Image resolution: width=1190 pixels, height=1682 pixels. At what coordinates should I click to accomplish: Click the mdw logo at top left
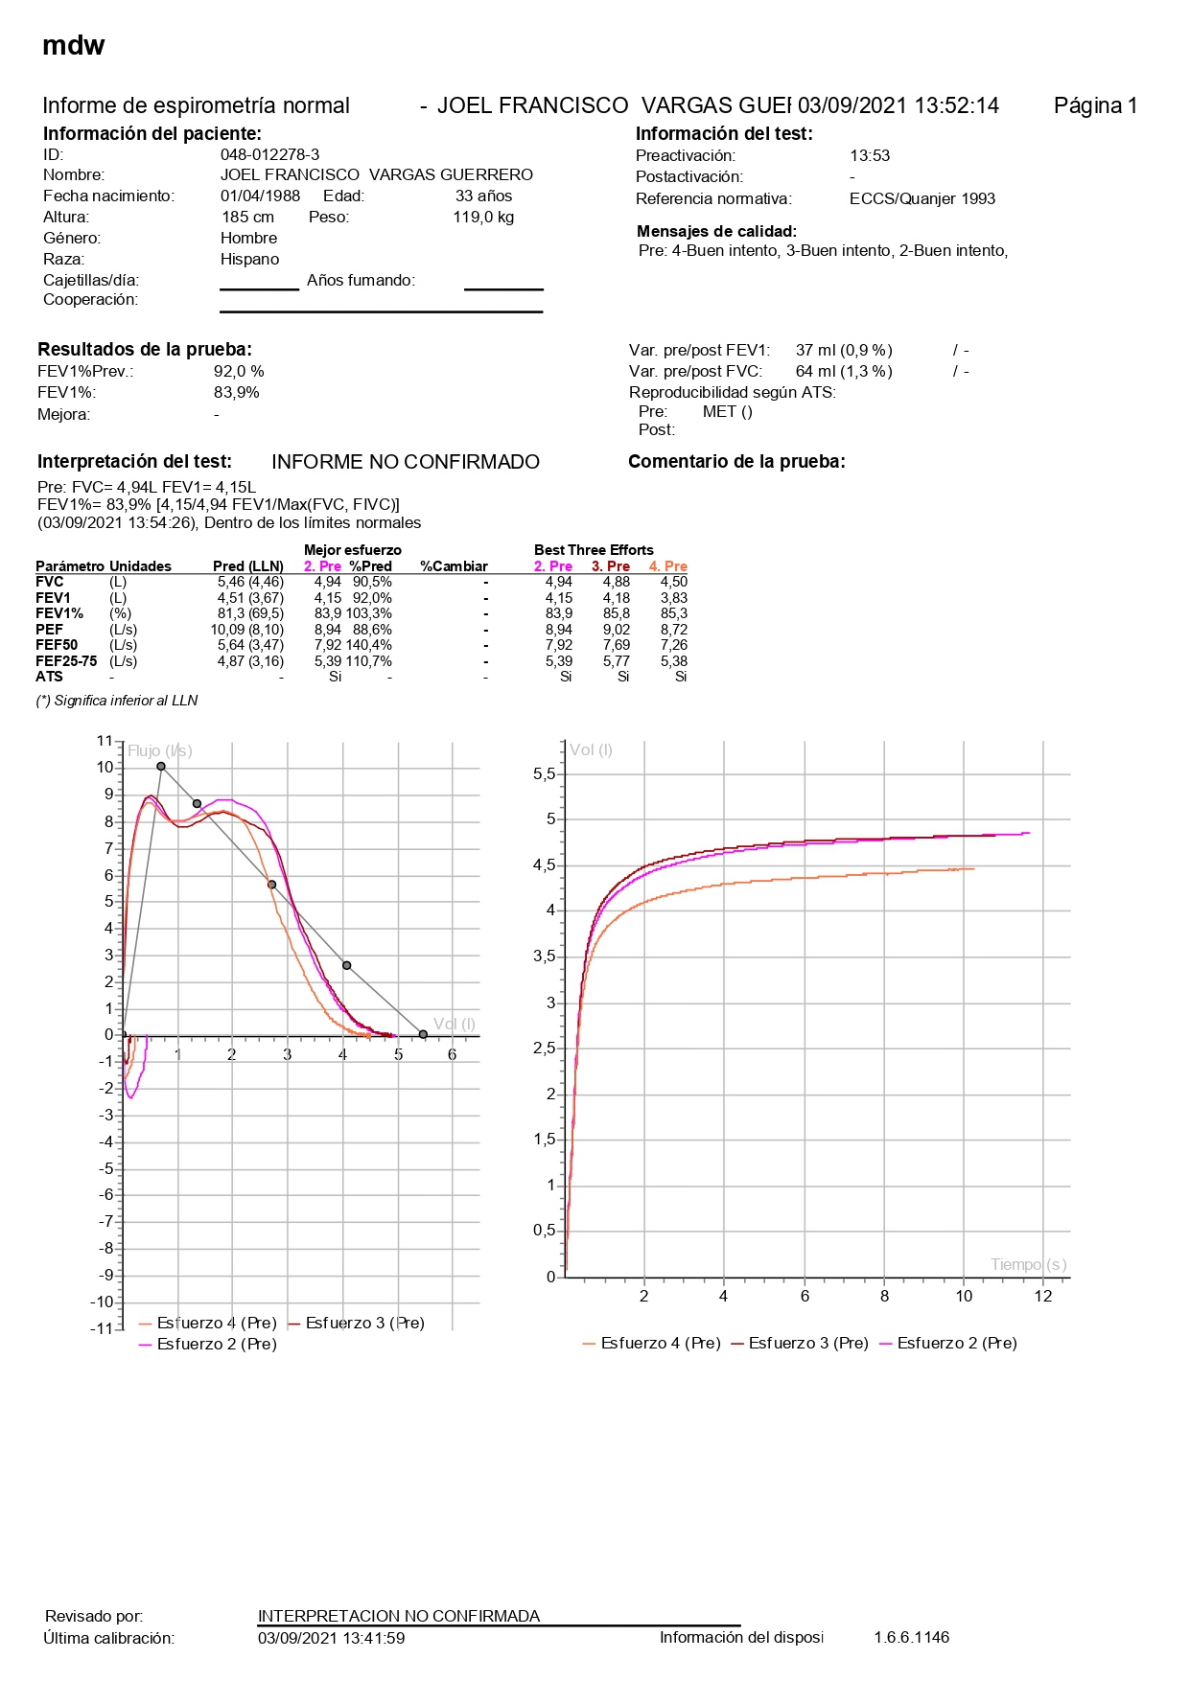point(74,45)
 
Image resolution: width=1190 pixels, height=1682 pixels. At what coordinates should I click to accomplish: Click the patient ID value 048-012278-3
point(269,154)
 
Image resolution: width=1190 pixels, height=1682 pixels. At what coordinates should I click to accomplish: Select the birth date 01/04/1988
point(260,196)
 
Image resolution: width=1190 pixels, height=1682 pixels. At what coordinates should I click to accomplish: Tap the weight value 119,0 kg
point(483,217)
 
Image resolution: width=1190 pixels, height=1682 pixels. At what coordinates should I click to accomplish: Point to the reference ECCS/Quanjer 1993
point(922,198)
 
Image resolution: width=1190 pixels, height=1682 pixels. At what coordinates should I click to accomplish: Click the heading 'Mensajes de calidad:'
point(716,231)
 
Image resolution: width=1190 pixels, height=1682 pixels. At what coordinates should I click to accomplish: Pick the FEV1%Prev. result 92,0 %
point(239,371)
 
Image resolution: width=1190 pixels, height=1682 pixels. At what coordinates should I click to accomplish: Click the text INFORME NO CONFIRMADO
point(406,462)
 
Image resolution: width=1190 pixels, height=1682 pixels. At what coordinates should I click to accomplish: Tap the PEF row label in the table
point(49,630)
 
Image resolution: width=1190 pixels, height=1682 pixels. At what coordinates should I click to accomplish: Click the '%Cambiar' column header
point(454,566)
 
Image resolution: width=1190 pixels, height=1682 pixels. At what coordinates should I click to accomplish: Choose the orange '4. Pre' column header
point(668,566)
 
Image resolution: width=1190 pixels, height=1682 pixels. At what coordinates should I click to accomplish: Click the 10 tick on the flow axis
point(105,767)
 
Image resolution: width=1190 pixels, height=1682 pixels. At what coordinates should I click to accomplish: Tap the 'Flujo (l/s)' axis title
point(160,750)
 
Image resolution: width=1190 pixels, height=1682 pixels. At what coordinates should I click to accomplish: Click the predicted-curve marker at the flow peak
point(161,766)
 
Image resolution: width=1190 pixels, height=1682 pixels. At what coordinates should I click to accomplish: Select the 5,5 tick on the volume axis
point(544,773)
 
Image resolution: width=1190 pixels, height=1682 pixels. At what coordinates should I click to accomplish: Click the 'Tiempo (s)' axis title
point(1028,1264)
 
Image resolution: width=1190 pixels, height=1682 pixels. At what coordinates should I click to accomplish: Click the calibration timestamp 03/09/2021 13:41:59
point(331,1638)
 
